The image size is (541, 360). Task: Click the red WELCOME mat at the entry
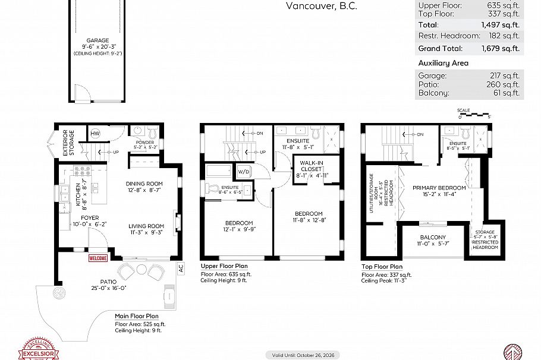(98, 258)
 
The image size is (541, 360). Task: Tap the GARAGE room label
(97, 41)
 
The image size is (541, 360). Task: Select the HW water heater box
(95, 134)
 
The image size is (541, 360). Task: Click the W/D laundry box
(244, 172)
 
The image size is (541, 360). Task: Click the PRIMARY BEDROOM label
(439, 188)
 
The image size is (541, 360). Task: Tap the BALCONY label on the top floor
(432, 237)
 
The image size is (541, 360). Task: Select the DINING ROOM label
(144, 184)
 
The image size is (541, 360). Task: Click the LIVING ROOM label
(146, 226)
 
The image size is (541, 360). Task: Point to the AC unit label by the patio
(181, 268)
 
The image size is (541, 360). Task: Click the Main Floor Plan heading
(137, 316)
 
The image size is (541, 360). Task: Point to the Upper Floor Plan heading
(224, 266)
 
